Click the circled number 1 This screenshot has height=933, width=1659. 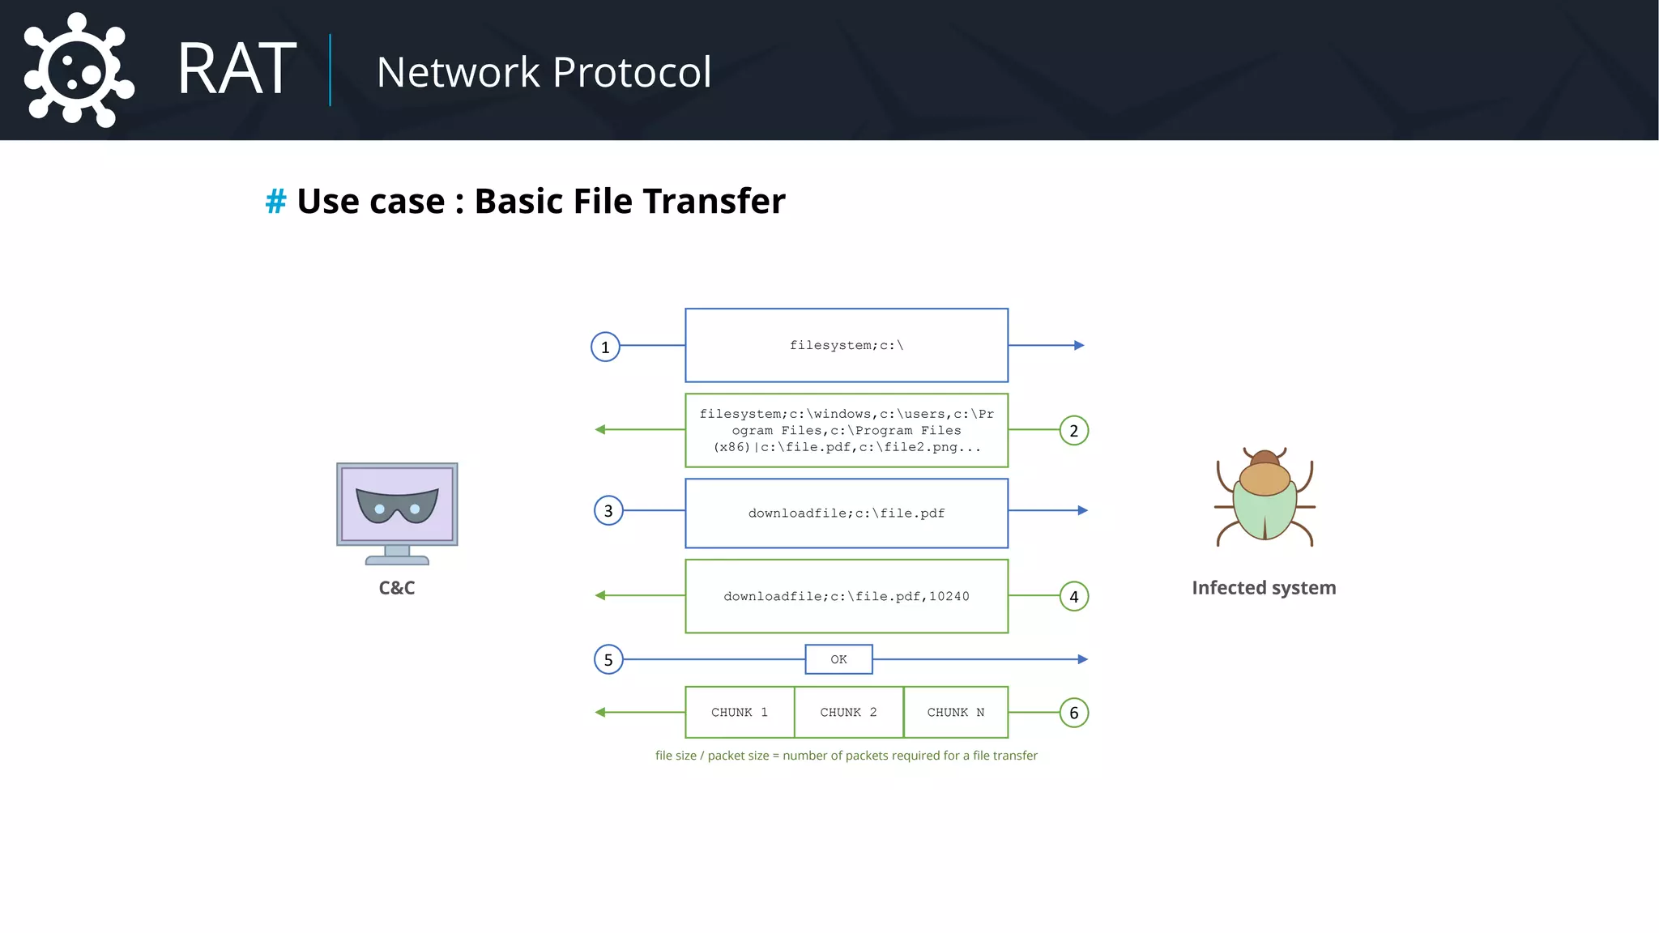[605, 347]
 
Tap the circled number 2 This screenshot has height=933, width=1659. [1074, 431]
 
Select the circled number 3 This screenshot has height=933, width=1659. [608, 511]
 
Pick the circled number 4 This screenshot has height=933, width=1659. [1074, 597]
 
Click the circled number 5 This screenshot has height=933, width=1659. [608, 659]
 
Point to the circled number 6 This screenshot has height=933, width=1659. [1074, 713]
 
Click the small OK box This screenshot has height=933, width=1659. [838, 659]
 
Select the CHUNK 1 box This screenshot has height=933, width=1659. [740, 713]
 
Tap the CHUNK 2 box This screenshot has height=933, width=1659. [848, 713]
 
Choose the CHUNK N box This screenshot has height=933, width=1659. [956, 713]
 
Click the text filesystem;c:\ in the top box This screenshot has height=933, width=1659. [847, 346]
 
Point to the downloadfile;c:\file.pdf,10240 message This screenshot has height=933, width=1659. [847, 597]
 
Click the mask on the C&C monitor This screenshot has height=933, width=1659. [397, 505]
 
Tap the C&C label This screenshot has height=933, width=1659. [397, 588]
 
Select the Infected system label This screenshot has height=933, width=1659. [1264, 588]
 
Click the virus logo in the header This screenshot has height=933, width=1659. [78, 70]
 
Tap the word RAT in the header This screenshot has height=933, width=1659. [237, 70]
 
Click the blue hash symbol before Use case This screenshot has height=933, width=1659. [275, 202]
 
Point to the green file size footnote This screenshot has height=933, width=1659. [846, 756]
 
